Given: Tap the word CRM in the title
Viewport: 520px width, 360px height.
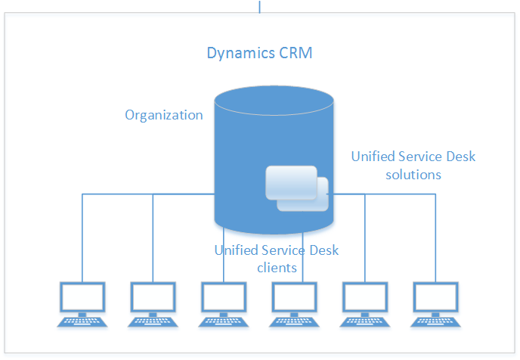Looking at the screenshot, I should [x=294, y=54].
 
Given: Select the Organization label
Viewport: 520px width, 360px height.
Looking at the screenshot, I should [x=164, y=115].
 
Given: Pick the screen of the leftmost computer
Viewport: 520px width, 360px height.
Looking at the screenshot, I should [x=82, y=299].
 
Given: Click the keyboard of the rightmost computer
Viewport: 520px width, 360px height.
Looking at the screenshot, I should [x=436, y=321].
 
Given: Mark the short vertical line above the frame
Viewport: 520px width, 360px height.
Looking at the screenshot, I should [x=260, y=6].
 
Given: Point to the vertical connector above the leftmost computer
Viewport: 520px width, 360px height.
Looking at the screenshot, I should [x=82, y=238].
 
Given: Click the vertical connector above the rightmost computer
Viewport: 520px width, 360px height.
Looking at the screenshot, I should [x=436, y=238].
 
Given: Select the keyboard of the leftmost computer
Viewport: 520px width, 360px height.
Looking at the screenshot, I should [x=82, y=321].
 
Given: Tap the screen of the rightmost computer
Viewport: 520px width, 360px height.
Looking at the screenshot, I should [x=436, y=299].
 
